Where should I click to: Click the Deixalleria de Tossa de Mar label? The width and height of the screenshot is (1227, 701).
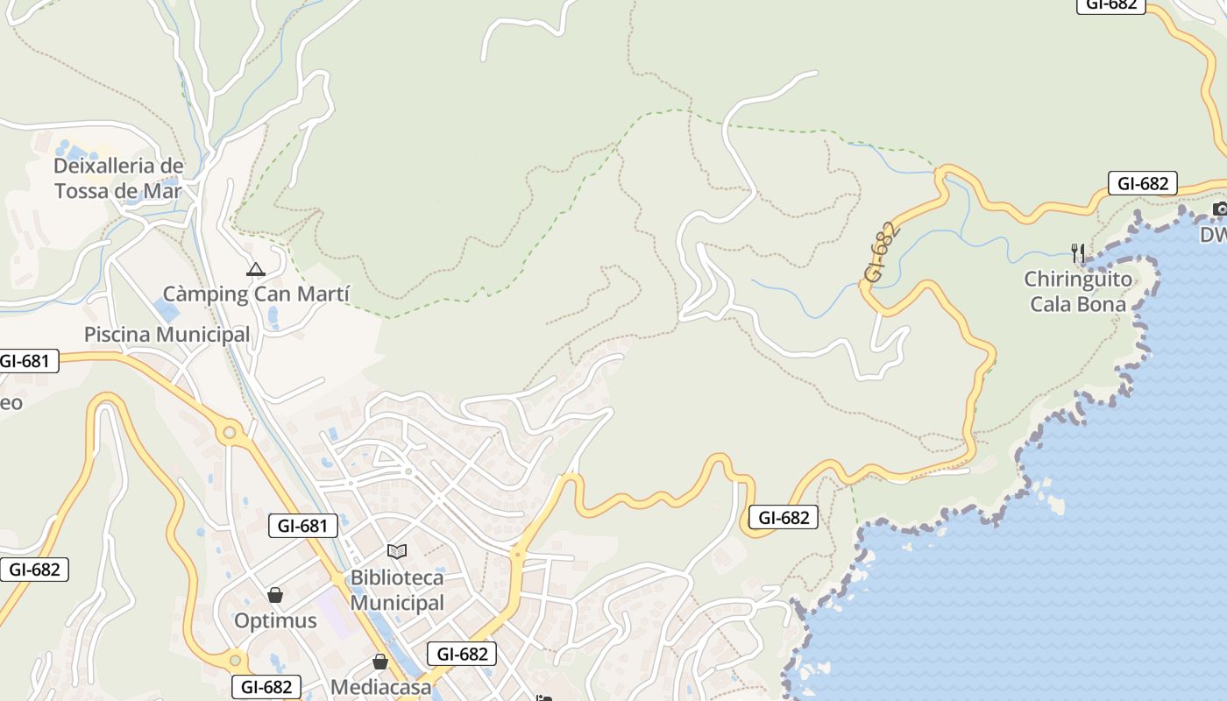point(118,178)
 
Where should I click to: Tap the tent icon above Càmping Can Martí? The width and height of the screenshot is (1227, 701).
point(255,269)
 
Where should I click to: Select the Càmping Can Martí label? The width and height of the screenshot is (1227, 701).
point(256,294)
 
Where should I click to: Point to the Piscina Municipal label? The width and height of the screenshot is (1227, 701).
point(167,334)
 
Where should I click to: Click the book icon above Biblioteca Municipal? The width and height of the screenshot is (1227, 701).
point(397,551)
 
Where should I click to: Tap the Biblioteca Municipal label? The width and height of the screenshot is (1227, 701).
point(397,591)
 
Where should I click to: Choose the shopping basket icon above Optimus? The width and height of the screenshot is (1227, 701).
point(275,595)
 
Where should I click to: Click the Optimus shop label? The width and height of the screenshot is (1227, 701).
point(275,620)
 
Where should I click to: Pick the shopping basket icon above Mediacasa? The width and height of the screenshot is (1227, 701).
point(380,662)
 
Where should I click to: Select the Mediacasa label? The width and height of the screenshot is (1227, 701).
point(380,687)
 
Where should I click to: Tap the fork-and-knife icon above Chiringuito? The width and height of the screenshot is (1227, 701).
point(1078,253)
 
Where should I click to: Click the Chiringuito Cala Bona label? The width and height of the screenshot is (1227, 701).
point(1078,292)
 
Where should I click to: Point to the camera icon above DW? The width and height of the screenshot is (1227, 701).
point(1220,209)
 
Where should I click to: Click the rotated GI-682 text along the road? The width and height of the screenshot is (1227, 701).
point(883,251)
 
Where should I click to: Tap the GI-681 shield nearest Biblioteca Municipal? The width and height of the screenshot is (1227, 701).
point(302,526)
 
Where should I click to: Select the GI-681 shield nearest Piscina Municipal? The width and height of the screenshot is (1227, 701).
point(28,360)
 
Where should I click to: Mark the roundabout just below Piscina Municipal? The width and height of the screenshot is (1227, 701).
point(231,431)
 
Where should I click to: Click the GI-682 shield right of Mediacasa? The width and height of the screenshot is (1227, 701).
point(462,654)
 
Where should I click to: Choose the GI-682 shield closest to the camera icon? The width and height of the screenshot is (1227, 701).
point(1142,184)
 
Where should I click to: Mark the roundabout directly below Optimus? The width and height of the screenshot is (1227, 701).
point(235,658)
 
